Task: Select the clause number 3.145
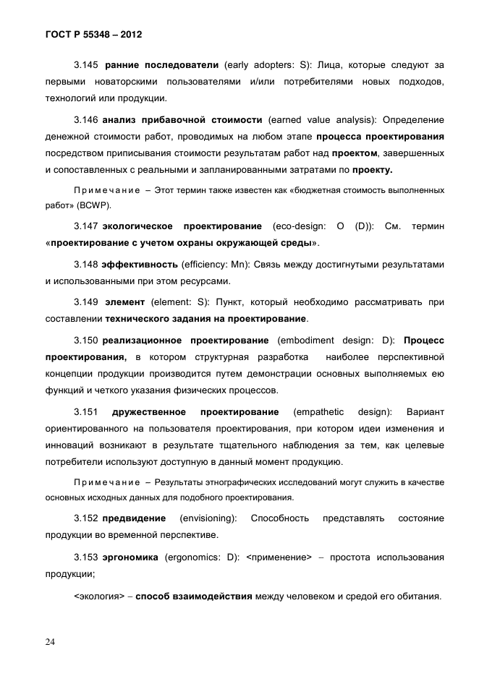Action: [x=87, y=65]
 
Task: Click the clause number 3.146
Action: [x=87, y=119]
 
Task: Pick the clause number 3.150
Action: [x=87, y=340]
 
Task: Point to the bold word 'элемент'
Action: [x=124, y=301]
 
